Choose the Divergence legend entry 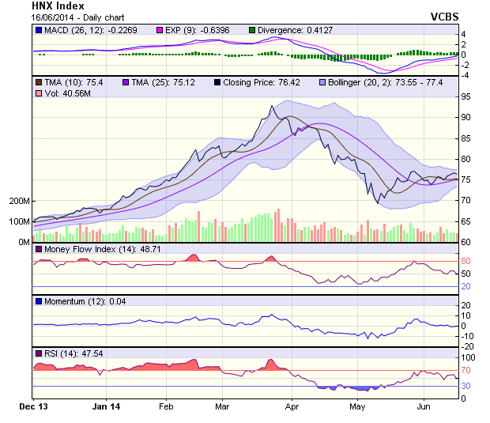point(292,30)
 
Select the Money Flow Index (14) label point(89,250)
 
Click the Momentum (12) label point(76,301)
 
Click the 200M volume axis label point(18,201)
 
